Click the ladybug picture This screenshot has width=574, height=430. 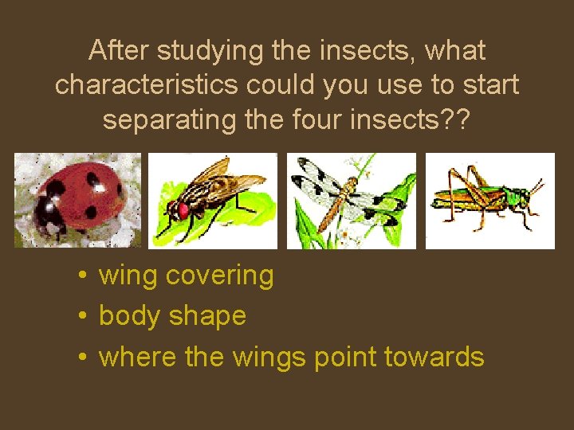click(77, 200)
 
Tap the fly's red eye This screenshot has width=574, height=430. click(183, 210)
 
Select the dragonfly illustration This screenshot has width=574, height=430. click(352, 200)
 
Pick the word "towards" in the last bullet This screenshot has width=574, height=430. click(434, 357)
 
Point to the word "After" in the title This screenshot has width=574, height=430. click(120, 51)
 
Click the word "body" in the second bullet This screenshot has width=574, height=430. click(130, 316)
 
